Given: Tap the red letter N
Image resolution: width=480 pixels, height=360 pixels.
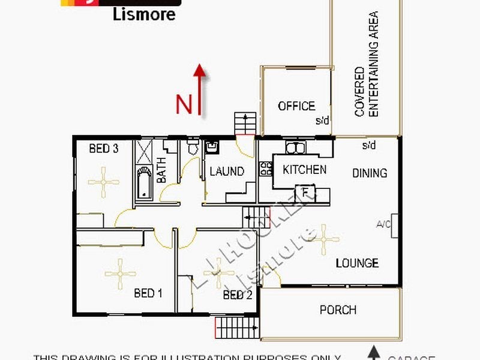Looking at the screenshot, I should tap(184, 104).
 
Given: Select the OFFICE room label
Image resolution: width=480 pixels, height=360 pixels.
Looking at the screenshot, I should tap(296, 106).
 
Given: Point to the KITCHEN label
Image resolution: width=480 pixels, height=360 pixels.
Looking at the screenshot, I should tap(304, 170).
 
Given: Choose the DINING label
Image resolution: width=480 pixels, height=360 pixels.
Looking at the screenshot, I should tap(370, 173).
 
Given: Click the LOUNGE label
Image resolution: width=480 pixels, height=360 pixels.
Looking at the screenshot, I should tap(357, 263).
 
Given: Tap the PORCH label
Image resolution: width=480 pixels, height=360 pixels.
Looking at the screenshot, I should tap(338, 310).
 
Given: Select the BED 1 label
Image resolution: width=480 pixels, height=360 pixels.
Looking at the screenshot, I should tap(148, 293).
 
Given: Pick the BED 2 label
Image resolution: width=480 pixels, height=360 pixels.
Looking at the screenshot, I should tap(238, 295).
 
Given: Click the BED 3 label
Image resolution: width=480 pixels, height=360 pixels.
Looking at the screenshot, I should tap(104, 149).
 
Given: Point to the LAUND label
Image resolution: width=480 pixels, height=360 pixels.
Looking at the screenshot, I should tap(227, 172).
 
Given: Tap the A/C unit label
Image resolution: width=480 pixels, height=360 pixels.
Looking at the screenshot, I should tap(382, 226).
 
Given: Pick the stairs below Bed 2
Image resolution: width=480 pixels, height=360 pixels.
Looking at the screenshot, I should tap(236, 328).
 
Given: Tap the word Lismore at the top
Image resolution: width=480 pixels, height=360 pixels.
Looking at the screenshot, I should tap(145, 13).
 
